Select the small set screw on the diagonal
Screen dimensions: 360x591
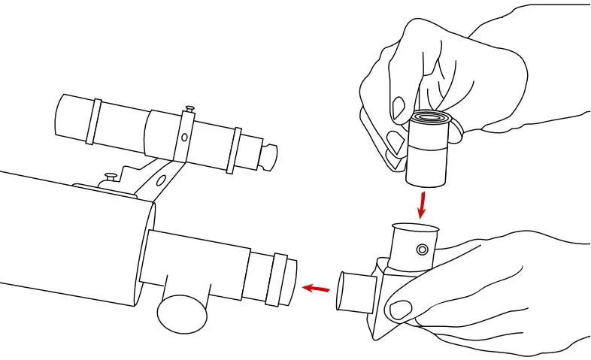[x=423, y=249]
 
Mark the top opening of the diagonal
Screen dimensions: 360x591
[x=415, y=227]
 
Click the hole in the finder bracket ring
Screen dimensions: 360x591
[x=183, y=138]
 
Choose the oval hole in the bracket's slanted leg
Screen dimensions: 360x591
[x=159, y=180]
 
